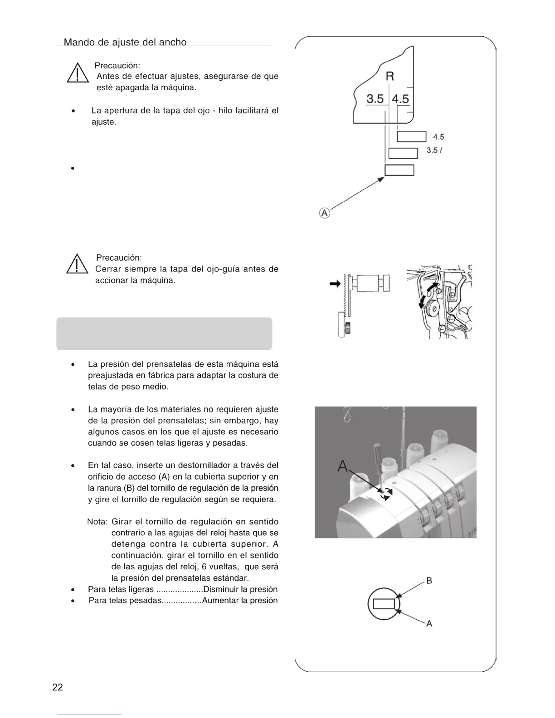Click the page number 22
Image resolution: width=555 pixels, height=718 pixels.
coord(58,687)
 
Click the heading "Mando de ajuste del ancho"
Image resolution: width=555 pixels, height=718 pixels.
coord(125,42)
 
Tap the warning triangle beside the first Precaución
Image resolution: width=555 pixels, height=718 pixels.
coord(78,73)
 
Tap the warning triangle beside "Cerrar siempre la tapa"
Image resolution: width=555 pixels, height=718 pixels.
coord(77,264)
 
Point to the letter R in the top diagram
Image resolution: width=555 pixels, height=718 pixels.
coord(389,76)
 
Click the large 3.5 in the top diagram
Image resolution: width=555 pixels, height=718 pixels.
coord(375,98)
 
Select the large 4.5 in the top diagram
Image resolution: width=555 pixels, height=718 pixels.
coord(400,98)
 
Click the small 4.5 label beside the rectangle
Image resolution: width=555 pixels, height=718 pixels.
coord(438,137)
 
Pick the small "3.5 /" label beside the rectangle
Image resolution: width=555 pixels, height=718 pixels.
coord(434,150)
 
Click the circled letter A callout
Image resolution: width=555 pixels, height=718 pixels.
coord(324,213)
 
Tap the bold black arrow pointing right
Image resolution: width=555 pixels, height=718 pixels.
coord(335,284)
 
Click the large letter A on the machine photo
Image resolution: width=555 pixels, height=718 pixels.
coord(343,466)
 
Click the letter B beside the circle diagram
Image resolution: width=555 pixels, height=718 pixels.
coord(429,581)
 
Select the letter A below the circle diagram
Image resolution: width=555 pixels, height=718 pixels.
coord(429,624)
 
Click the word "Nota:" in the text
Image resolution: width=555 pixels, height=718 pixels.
coord(97,522)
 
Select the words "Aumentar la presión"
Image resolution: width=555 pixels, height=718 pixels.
coord(239,601)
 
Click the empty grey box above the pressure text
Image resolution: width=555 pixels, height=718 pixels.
coord(164,334)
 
